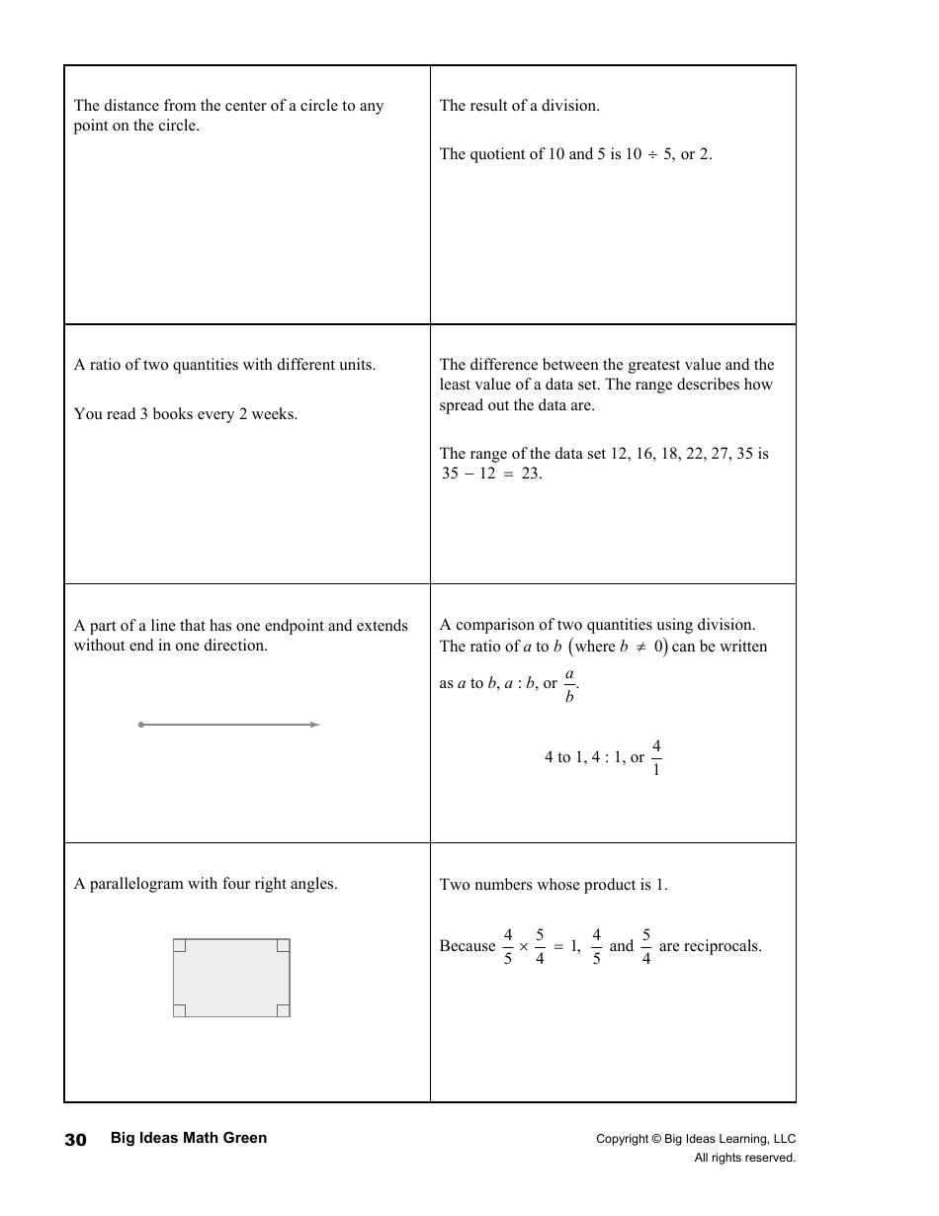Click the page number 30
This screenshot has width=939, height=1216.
75,1140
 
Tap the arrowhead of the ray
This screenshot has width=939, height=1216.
315,725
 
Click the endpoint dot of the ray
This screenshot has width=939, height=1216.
141,725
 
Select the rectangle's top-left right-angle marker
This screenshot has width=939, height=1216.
179,945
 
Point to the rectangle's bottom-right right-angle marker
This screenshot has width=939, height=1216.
284,1010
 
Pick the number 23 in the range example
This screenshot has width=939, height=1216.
532,474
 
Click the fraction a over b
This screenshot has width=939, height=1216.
569,684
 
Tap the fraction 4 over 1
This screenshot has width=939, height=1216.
656,756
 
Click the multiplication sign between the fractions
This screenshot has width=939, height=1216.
523,947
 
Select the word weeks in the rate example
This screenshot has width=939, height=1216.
274,414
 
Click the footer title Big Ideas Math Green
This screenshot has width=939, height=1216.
189,1138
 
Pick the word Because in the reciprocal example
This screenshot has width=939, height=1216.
468,946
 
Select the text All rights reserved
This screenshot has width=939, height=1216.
744,1158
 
